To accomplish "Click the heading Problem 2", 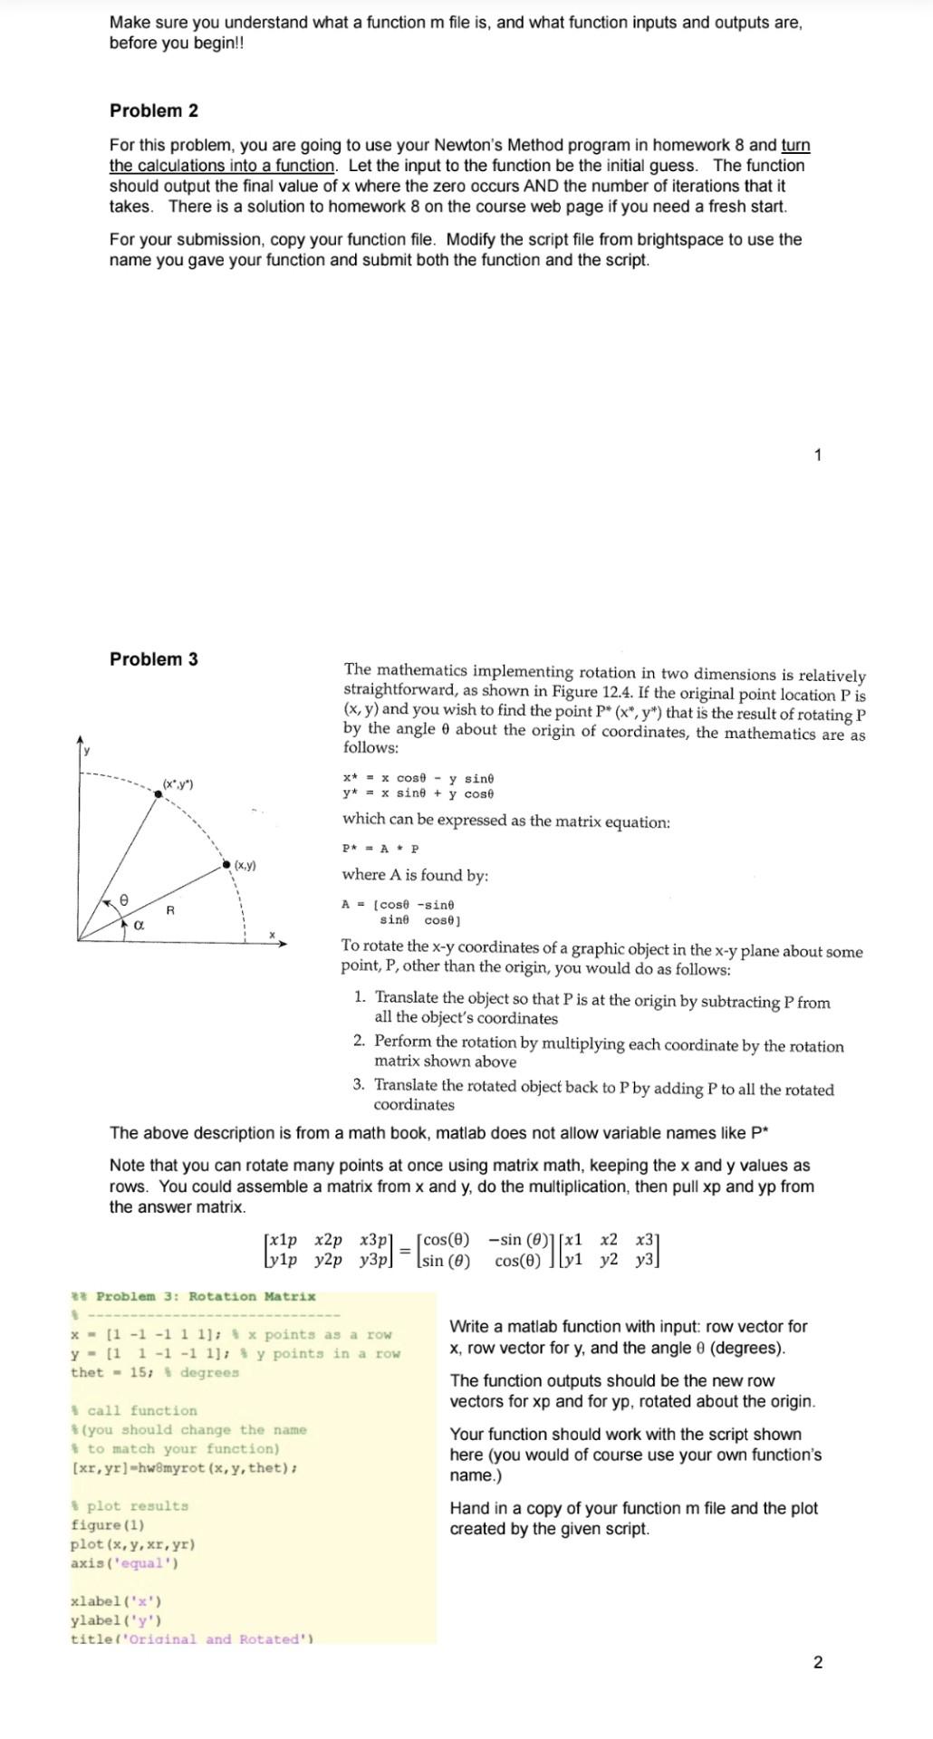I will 153,110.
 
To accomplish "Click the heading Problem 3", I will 153,659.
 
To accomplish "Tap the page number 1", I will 818,455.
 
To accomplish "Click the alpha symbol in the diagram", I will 139,926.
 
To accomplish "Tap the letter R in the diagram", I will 169,908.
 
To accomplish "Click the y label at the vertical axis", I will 87,750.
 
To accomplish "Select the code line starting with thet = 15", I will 154,1372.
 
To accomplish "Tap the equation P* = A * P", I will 380,849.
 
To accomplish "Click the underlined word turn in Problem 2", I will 794,146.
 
